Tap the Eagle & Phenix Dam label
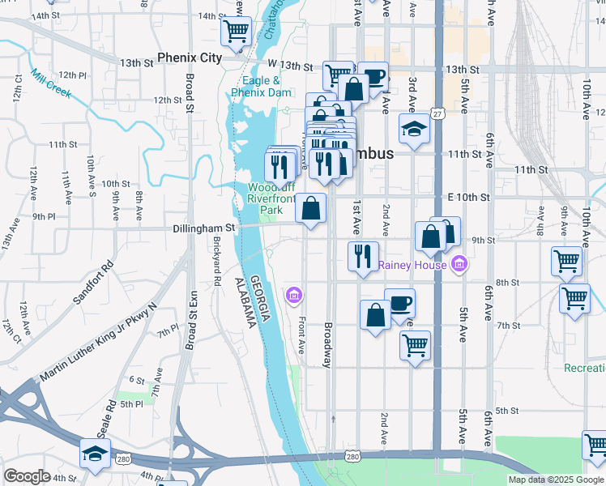[261, 87]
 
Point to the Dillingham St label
[203, 229]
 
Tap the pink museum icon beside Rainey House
[459, 264]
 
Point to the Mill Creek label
[51, 83]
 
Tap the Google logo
[27, 476]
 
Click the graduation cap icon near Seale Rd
[95, 453]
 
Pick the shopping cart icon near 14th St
[236, 31]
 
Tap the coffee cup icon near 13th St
[373, 76]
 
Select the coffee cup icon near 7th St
[399, 303]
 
